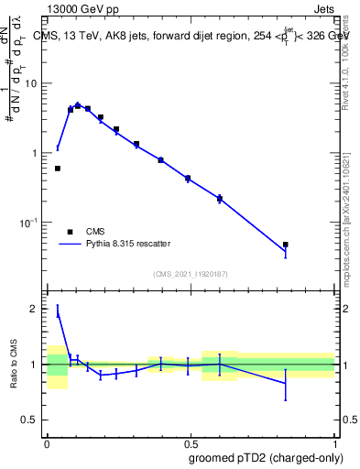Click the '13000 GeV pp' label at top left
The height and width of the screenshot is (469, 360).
click(80, 7)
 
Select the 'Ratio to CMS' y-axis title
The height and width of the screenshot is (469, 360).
click(14, 365)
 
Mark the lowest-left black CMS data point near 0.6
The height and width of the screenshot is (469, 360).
click(58, 169)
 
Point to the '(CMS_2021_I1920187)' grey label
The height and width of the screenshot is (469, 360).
click(190, 273)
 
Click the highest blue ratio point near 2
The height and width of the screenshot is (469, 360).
click(58, 313)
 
